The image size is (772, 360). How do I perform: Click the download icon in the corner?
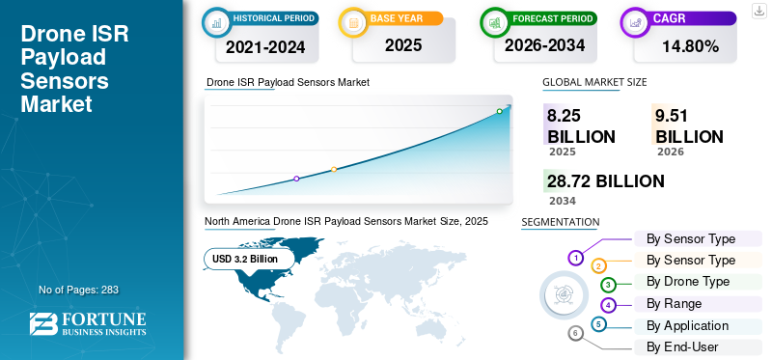[759, 11]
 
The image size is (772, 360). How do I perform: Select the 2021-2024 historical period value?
[265, 46]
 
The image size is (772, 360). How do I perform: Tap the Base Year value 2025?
[403, 45]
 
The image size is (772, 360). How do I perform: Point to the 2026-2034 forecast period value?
[544, 45]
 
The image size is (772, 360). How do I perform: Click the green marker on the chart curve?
[499, 111]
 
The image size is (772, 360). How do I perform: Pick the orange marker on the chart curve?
[334, 170]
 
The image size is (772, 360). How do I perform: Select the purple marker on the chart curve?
[296, 179]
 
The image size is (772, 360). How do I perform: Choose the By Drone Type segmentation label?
[688, 282]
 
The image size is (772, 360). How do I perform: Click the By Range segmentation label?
[674, 304]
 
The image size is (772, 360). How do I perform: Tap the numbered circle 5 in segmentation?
[598, 324]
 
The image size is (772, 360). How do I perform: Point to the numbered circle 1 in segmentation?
[575, 258]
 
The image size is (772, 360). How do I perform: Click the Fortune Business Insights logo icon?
[43, 324]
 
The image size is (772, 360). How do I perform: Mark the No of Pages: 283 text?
[79, 290]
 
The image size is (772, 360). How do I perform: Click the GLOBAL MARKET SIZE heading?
[594, 82]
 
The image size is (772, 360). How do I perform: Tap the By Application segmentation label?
[687, 326]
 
